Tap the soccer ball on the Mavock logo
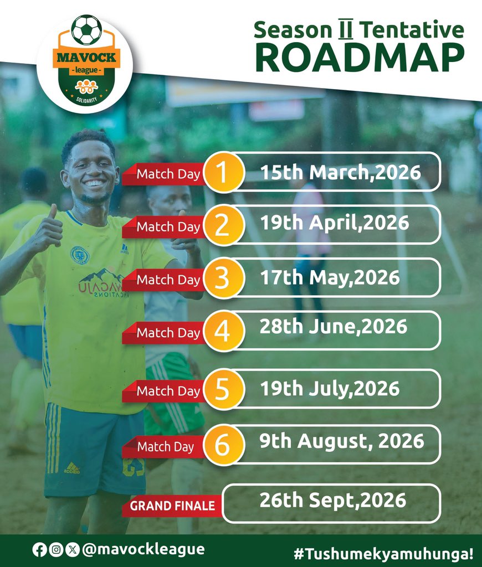[87, 30]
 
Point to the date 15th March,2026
[341, 172]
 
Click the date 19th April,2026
[335, 223]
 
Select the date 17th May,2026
[330, 277]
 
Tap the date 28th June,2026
[334, 326]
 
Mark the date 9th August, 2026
[342, 441]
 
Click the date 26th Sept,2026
[333, 501]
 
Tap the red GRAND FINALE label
[172, 506]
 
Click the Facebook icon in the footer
[39, 550]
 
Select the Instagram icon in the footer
[56, 550]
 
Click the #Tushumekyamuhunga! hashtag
[383, 553]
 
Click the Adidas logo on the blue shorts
[71, 468]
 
